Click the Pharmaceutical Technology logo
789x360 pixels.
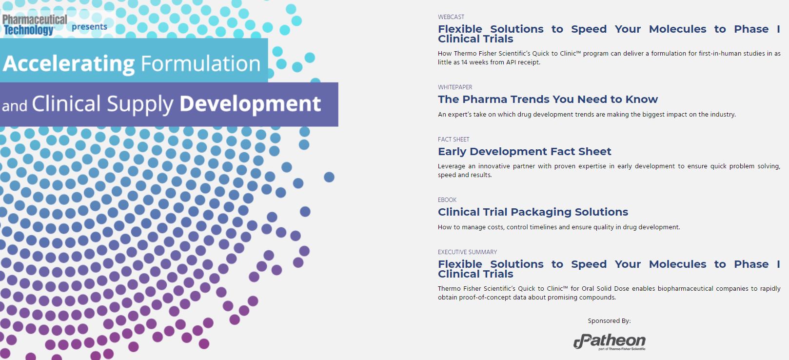[35, 25]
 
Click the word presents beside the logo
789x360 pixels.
[89, 27]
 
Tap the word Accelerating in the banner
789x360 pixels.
[69, 64]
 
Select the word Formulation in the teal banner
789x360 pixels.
[200, 63]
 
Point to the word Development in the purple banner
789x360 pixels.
[250, 104]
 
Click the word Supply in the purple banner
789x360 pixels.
[140, 104]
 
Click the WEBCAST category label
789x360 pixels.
[451, 17]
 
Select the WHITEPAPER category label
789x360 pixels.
[455, 87]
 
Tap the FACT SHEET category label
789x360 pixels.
[454, 139]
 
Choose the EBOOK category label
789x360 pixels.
[447, 200]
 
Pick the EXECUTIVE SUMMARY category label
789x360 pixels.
[467, 252]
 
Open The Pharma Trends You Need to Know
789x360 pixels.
[548, 100]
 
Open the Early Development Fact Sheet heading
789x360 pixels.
[525, 152]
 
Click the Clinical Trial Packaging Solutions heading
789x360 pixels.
[533, 212]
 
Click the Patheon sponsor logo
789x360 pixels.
[610, 341]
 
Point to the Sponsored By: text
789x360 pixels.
[609, 320]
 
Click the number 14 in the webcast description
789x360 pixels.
[465, 62]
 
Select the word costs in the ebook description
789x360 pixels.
[494, 227]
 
